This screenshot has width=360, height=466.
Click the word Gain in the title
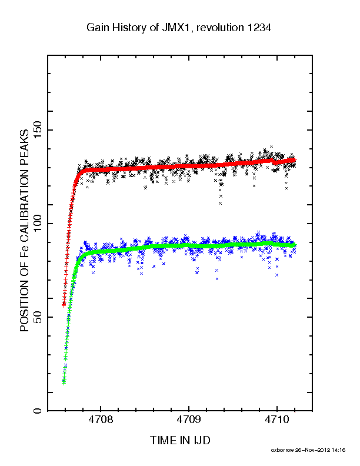(x=96, y=27)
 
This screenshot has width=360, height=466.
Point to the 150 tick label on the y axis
(x=38, y=130)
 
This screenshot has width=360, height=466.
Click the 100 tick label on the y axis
(x=38, y=224)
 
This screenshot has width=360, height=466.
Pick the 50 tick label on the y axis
(x=38, y=317)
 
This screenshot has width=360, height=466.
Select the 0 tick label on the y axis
(x=38, y=411)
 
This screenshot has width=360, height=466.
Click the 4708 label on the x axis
(x=101, y=420)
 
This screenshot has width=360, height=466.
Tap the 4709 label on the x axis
(x=189, y=420)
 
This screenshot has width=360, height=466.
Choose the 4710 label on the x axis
(x=277, y=420)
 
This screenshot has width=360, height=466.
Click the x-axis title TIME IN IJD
(x=180, y=440)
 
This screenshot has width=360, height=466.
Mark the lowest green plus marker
(x=64, y=383)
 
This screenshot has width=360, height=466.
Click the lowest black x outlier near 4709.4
(x=220, y=203)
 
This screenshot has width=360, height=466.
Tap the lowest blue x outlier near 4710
(x=277, y=275)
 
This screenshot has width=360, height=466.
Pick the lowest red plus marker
(x=64, y=305)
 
